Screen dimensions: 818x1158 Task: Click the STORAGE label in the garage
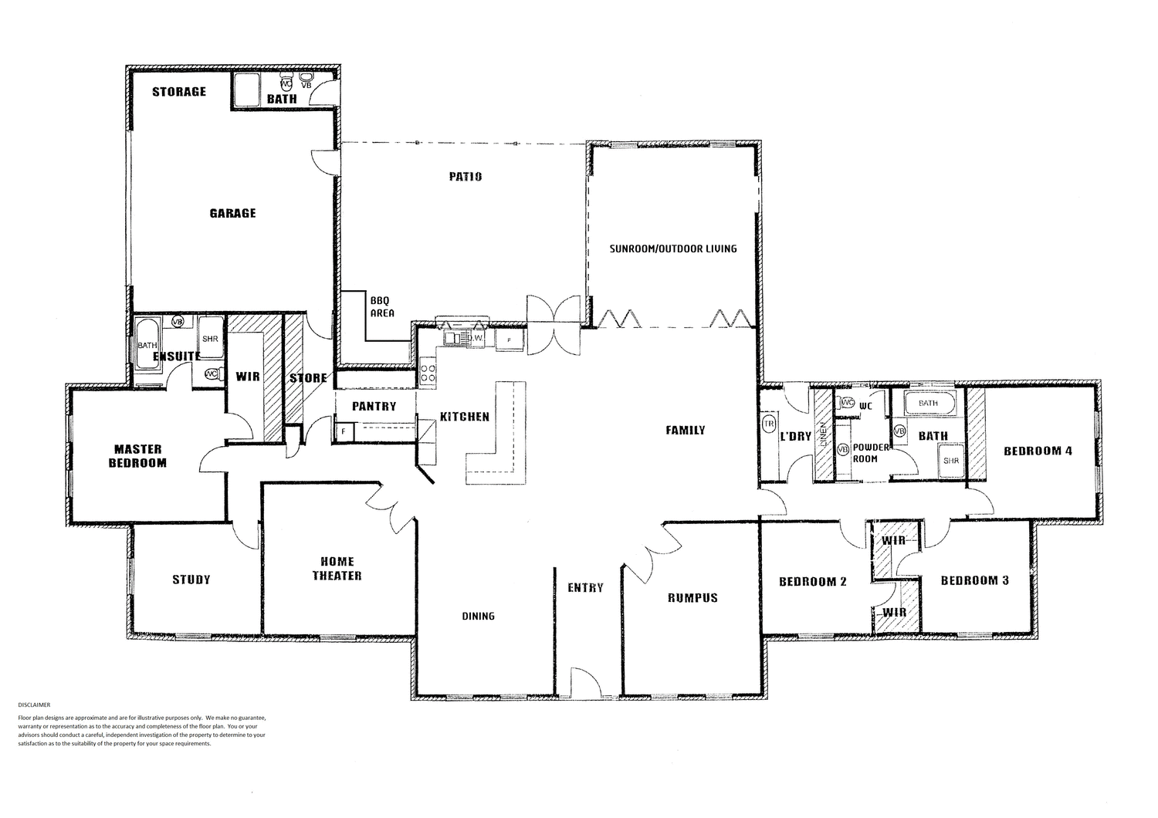pyautogui.click(x=179, y=92)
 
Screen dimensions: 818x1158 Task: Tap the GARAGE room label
pyautogui.click(x=232, y=213)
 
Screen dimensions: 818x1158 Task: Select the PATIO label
pyautogui.click(x=466, y=177)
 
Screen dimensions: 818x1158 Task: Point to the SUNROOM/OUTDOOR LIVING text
pyautogui.click(x=673, y=248)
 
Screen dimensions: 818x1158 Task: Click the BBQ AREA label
pyautogui.click(x=381, y=306)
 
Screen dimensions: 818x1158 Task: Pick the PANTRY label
pyautogui.click(x=374, y=406)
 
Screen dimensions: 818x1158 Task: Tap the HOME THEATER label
pyautogui.click(x=337, y=569)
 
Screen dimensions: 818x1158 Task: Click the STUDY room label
pyautogui.click(x=191, y=580)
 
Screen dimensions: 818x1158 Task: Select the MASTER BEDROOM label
pyautogui.click(x=137, y=456)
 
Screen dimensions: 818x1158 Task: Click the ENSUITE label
pyautogui.click(x=177, y=357)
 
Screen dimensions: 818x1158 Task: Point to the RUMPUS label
pyautogui.click(x=692, y=597)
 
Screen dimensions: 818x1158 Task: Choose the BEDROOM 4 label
pyautogui.click(x=1038, y=451)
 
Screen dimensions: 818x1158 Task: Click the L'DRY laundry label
pyautogui.click(x=795, y=436)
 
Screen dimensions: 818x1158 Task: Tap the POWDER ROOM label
pyautogui.click(x=870, y=453)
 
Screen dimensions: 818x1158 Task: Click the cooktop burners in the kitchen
pyautogui.click(x=428, y=374)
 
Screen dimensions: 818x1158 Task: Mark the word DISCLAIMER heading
pyautogui.click(x=33, y=705)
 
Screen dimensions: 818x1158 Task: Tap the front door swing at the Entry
pyautogui.click(x=584, y=681)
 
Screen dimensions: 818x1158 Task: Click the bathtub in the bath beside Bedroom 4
pyautogui.click(x=929, y=403)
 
